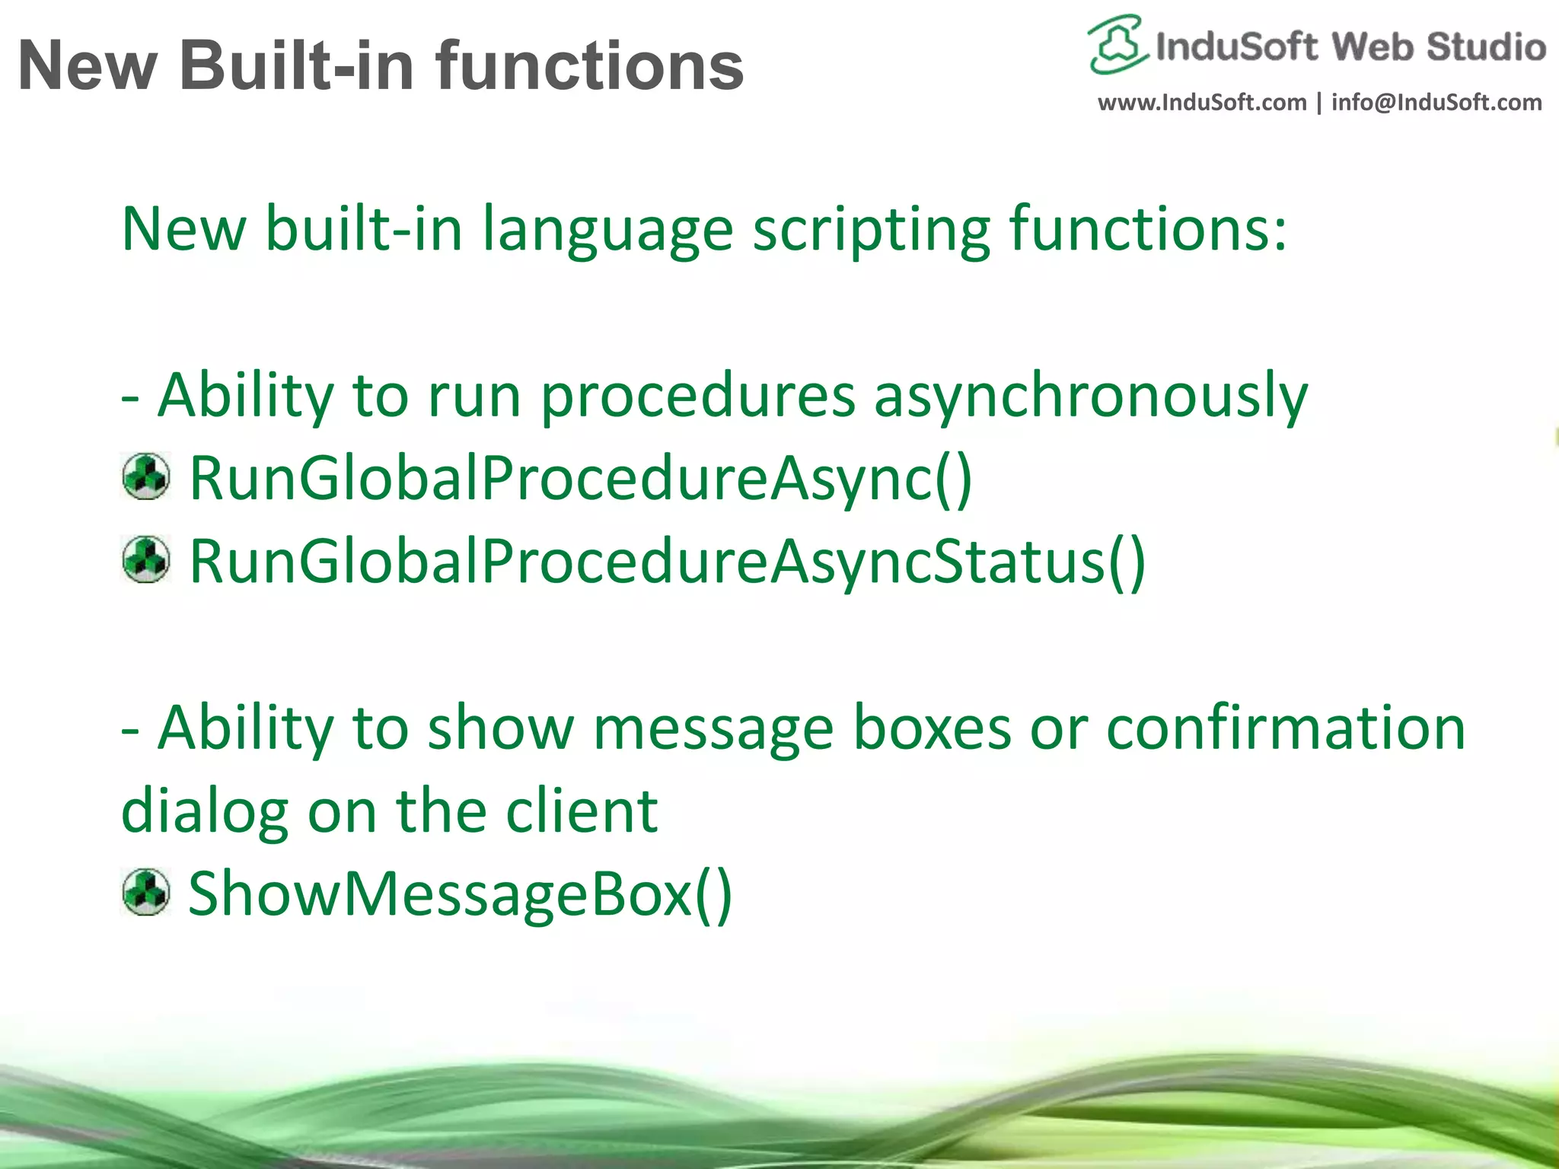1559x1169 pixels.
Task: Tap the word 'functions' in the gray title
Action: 590,66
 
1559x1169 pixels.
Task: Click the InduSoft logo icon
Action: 1116,44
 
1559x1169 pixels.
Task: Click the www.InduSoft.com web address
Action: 1201,102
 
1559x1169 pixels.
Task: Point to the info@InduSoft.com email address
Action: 1436,102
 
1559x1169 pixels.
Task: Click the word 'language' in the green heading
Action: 607,230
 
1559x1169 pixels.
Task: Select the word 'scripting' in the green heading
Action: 872,230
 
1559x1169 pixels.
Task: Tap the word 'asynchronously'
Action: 1090,397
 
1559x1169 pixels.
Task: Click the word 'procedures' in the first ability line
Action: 698,396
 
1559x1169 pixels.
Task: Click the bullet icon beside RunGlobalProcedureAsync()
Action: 145,477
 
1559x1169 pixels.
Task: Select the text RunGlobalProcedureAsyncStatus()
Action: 667,562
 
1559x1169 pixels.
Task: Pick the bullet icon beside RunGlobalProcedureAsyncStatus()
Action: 145,560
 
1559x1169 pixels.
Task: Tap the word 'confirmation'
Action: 1285,728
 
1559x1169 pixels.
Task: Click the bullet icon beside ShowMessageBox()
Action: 145,892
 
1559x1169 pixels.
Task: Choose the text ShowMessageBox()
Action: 460,894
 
